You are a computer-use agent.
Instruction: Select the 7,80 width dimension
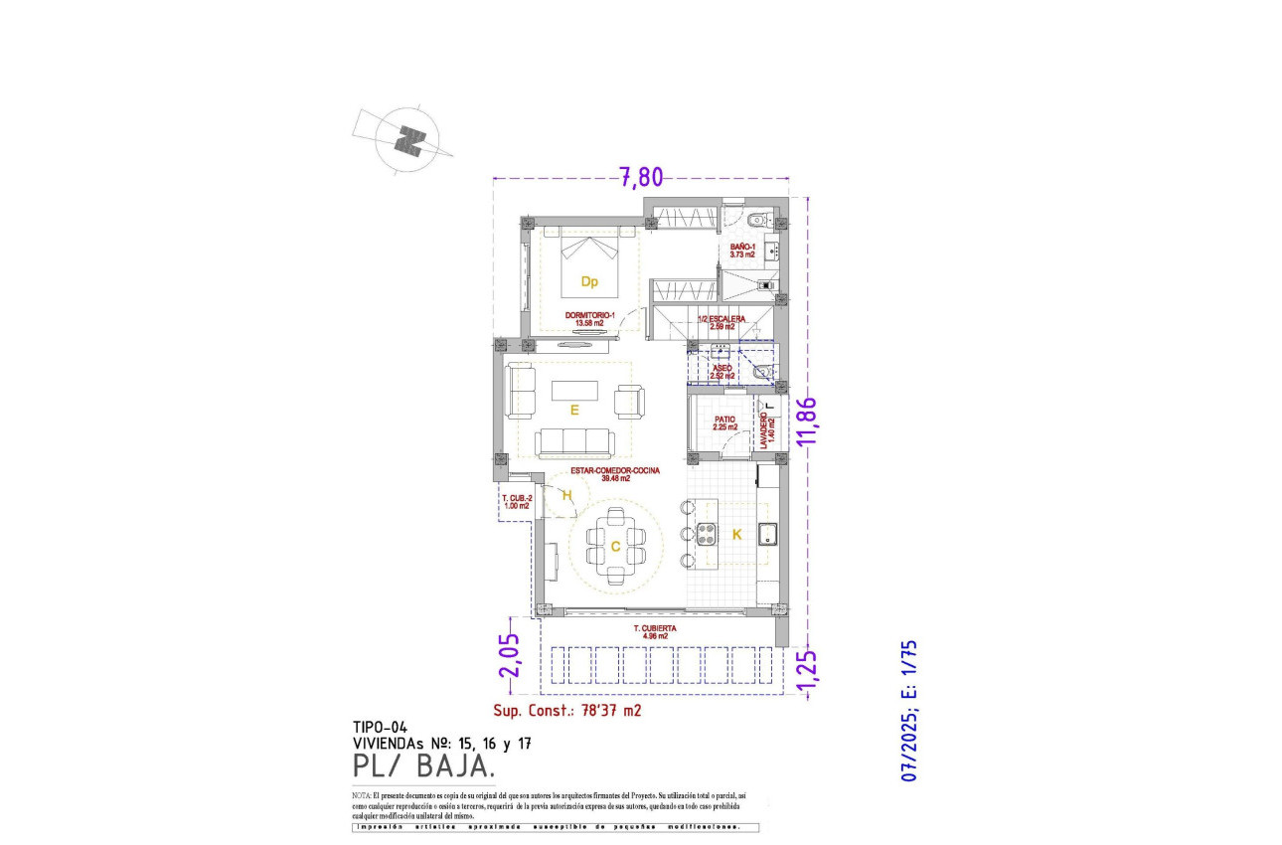coord(641,177)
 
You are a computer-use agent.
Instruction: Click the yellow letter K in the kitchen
coord(736,535)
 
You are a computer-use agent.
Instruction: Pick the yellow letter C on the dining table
coord(615,546)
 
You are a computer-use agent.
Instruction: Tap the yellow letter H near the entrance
coord(567,497)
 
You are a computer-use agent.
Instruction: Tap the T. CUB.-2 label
coord(517,501)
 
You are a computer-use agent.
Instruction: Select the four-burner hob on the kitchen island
coord(708,535)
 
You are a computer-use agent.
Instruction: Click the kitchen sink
coord(767,536)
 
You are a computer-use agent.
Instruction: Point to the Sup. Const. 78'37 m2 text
coord(567,711)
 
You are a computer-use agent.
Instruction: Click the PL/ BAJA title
coord(422,766)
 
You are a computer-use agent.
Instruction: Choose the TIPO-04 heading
coord(380,727)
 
